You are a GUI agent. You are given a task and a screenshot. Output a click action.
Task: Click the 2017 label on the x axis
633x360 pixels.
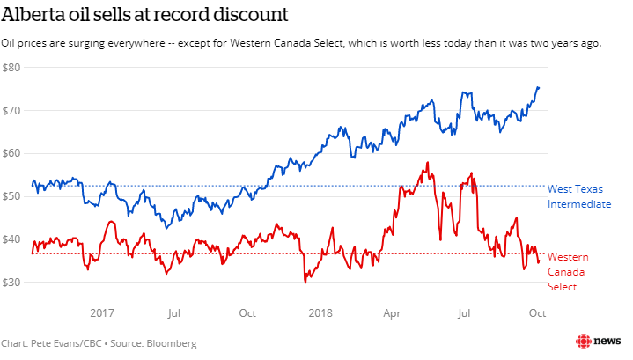point(102,312)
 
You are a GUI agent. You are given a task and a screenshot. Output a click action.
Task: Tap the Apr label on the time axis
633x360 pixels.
point(392,312)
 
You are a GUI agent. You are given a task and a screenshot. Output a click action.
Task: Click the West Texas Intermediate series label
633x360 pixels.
point(578,196)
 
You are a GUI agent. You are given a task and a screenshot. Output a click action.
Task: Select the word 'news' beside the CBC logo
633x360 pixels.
point(607,342)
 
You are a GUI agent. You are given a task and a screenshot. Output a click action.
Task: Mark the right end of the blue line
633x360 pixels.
point(540,87)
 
